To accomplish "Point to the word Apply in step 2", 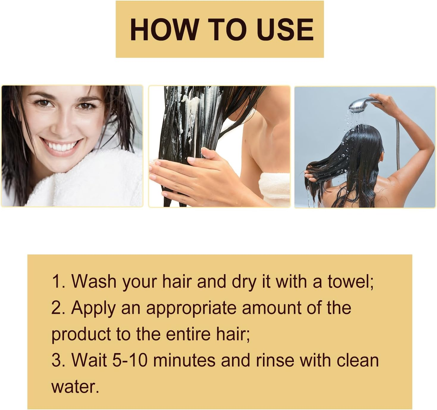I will pyautogui.click(x=93, y=308).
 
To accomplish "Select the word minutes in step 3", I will pyautogui.click(x=184, y=360).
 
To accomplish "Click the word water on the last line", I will pyautogui.click(x=74, y=386).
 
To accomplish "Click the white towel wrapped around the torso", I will pyautogui.click(x=274, y=186).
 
